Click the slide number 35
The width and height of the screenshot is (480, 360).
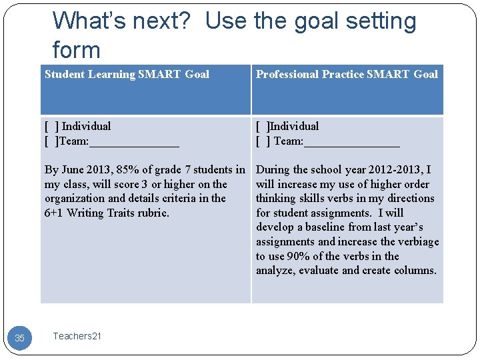coord(19,339)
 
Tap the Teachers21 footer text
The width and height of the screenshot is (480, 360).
coord(77,336)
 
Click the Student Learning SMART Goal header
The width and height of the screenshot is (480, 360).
coord(127,75)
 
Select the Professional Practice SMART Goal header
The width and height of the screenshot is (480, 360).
coord(347,75)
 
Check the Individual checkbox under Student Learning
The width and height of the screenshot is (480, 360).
coord(51,126)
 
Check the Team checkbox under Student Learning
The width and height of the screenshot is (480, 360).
coord(51,141)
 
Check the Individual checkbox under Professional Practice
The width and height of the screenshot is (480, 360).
coord(263,126)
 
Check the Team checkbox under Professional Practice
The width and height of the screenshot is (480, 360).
coord(263,141)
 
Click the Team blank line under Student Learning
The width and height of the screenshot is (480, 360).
coord(134,142)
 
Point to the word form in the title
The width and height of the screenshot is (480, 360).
coord(76,51)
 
